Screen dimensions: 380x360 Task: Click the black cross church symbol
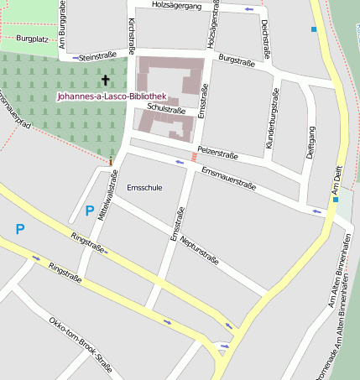[105, 81]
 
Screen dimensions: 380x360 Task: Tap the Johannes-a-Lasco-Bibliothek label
[112, 96]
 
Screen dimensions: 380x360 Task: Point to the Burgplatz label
[32, 39]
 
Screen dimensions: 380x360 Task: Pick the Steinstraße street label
[97, 57]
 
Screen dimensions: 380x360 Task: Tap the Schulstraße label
[165, 109]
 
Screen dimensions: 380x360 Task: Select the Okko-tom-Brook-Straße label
[80, 344]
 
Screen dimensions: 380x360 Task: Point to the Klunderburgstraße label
[272, 117]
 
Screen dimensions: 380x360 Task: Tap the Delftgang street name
[310, 143]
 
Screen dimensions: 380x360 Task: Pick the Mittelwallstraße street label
[107, 195]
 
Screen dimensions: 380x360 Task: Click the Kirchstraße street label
[131, 34]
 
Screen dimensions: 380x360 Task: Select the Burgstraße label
[236, 60]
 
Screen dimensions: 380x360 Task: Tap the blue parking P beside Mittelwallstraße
[90, 211]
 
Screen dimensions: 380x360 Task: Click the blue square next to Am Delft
[335, 200]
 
